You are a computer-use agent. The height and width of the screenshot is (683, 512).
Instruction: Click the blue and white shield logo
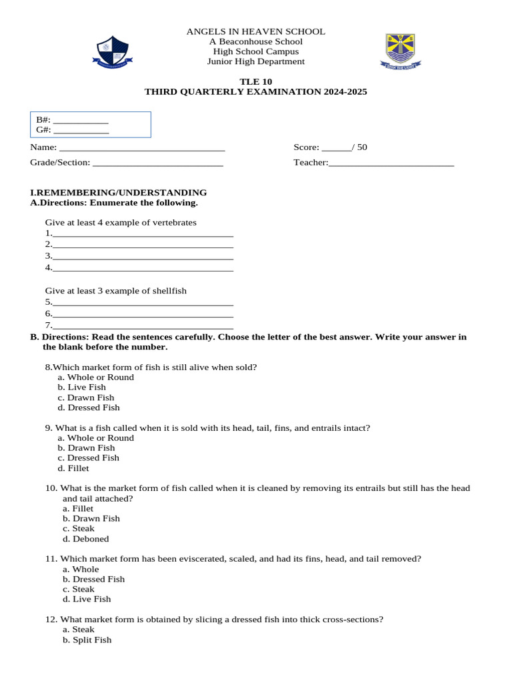(x=113, y=51)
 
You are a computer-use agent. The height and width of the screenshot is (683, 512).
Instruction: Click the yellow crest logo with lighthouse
(x=401, y=51)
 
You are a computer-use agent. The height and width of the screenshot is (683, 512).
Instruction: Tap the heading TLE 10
(x=255, y=81)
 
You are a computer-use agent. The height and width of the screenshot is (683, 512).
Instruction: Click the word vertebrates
(x=173, y=222)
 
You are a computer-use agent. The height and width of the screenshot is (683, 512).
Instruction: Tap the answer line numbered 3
(x=143, y=257)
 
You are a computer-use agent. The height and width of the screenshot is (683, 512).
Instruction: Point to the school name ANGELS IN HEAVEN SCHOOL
(x=255, y=31)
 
